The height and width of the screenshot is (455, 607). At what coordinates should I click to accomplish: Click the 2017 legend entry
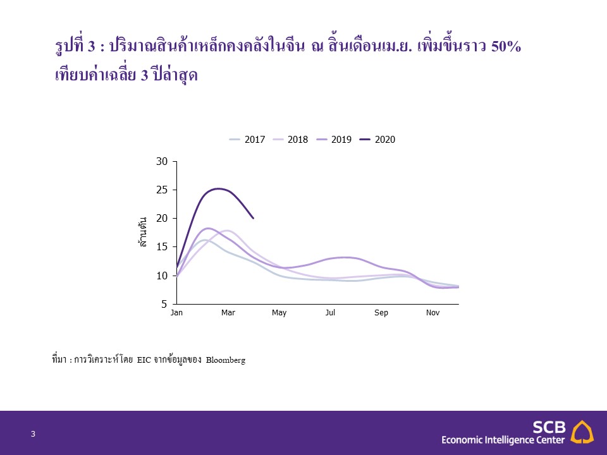(x=247, y=140)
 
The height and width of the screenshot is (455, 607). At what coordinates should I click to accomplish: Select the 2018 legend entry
(x=290, y=140)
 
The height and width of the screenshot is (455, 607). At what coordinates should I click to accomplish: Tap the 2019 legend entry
(x=334, y=140)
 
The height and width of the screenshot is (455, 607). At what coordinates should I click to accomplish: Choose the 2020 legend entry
(x=377, y=140)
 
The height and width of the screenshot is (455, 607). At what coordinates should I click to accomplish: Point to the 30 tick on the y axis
(x=162, y=161)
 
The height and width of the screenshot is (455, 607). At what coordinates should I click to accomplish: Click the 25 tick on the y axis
(x=162, y=190)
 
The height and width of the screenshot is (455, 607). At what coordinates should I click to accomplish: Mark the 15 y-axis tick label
(x=162, y=247)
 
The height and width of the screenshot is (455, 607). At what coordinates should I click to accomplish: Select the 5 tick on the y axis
(x=164, y=304)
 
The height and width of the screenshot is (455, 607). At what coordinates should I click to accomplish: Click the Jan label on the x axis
(x=176, y=313)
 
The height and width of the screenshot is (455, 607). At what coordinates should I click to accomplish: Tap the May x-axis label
(x=279, y=313)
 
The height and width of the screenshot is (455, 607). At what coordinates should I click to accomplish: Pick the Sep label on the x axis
(x=381, y=313)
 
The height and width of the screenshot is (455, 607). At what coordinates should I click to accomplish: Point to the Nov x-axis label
(x=432, y=313)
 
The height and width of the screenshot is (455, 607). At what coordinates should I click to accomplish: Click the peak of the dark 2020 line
(x=219, y=189)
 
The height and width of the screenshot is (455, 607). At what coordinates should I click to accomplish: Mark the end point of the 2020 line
(x=253, y=218)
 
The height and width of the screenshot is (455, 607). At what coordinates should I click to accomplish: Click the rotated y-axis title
(x=142, y=232)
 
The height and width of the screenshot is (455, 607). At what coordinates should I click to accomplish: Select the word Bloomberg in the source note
(x=226, y=360)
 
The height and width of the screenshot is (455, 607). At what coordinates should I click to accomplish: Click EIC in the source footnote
(x=144, y=360)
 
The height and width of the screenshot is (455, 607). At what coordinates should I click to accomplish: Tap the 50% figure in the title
(x=506, y=46)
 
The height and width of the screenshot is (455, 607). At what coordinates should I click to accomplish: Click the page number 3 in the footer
(x=33, y=434)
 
